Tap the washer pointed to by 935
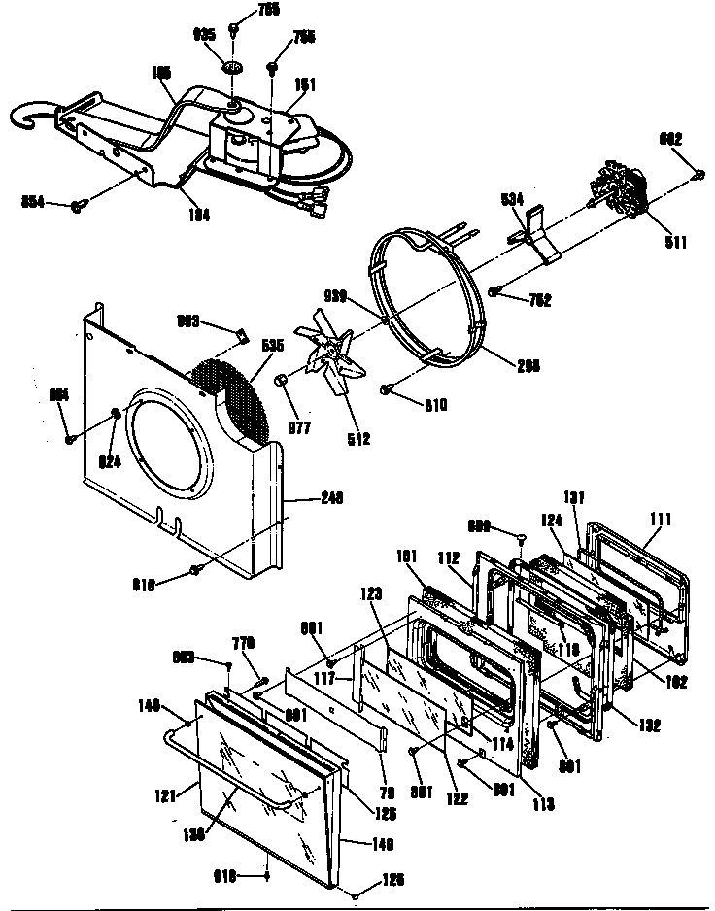233,68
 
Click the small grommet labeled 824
117,416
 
